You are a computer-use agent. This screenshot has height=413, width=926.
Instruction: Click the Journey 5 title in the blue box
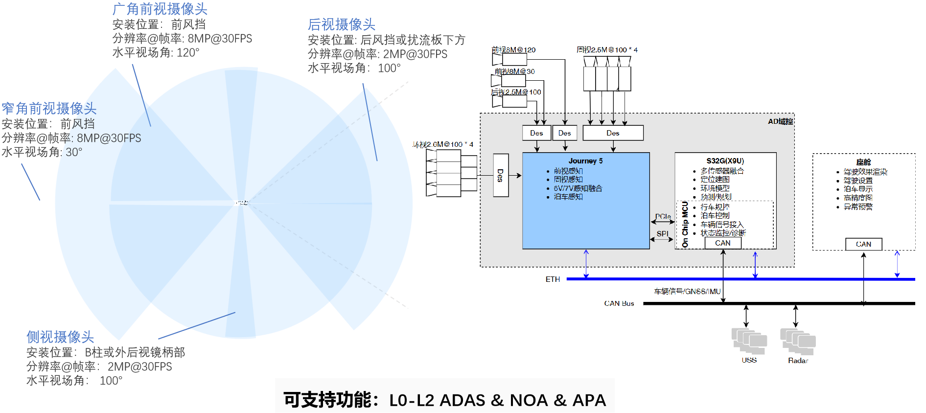(585, 161)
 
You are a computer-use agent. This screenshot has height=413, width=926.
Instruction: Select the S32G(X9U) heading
(725, 161)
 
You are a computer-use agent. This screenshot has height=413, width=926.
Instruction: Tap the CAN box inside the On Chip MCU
(722, 243)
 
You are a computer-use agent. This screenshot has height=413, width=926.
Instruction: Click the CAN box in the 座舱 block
(863, 244)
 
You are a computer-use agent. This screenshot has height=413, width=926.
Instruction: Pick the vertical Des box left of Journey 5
(501, 175)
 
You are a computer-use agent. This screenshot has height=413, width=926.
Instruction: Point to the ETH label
(553, 279)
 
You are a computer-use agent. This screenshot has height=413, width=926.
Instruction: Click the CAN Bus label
(619, 303)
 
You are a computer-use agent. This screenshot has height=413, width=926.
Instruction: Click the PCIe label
(663, 216)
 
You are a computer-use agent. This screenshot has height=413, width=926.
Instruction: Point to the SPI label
(662, 234)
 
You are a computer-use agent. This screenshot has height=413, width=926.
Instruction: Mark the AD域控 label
(780, 121)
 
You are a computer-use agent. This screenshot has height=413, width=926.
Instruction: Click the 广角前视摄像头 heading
(160, 9)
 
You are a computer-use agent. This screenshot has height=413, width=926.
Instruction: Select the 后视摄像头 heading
(342, 24)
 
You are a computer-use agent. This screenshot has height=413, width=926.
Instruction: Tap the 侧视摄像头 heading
(60, 337)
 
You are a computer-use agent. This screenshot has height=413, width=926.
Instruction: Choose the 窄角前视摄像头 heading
(49, 109)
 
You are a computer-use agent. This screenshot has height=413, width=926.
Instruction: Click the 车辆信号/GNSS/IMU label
(687, 292)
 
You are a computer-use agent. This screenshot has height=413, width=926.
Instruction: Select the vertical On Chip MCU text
(685, 224)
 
